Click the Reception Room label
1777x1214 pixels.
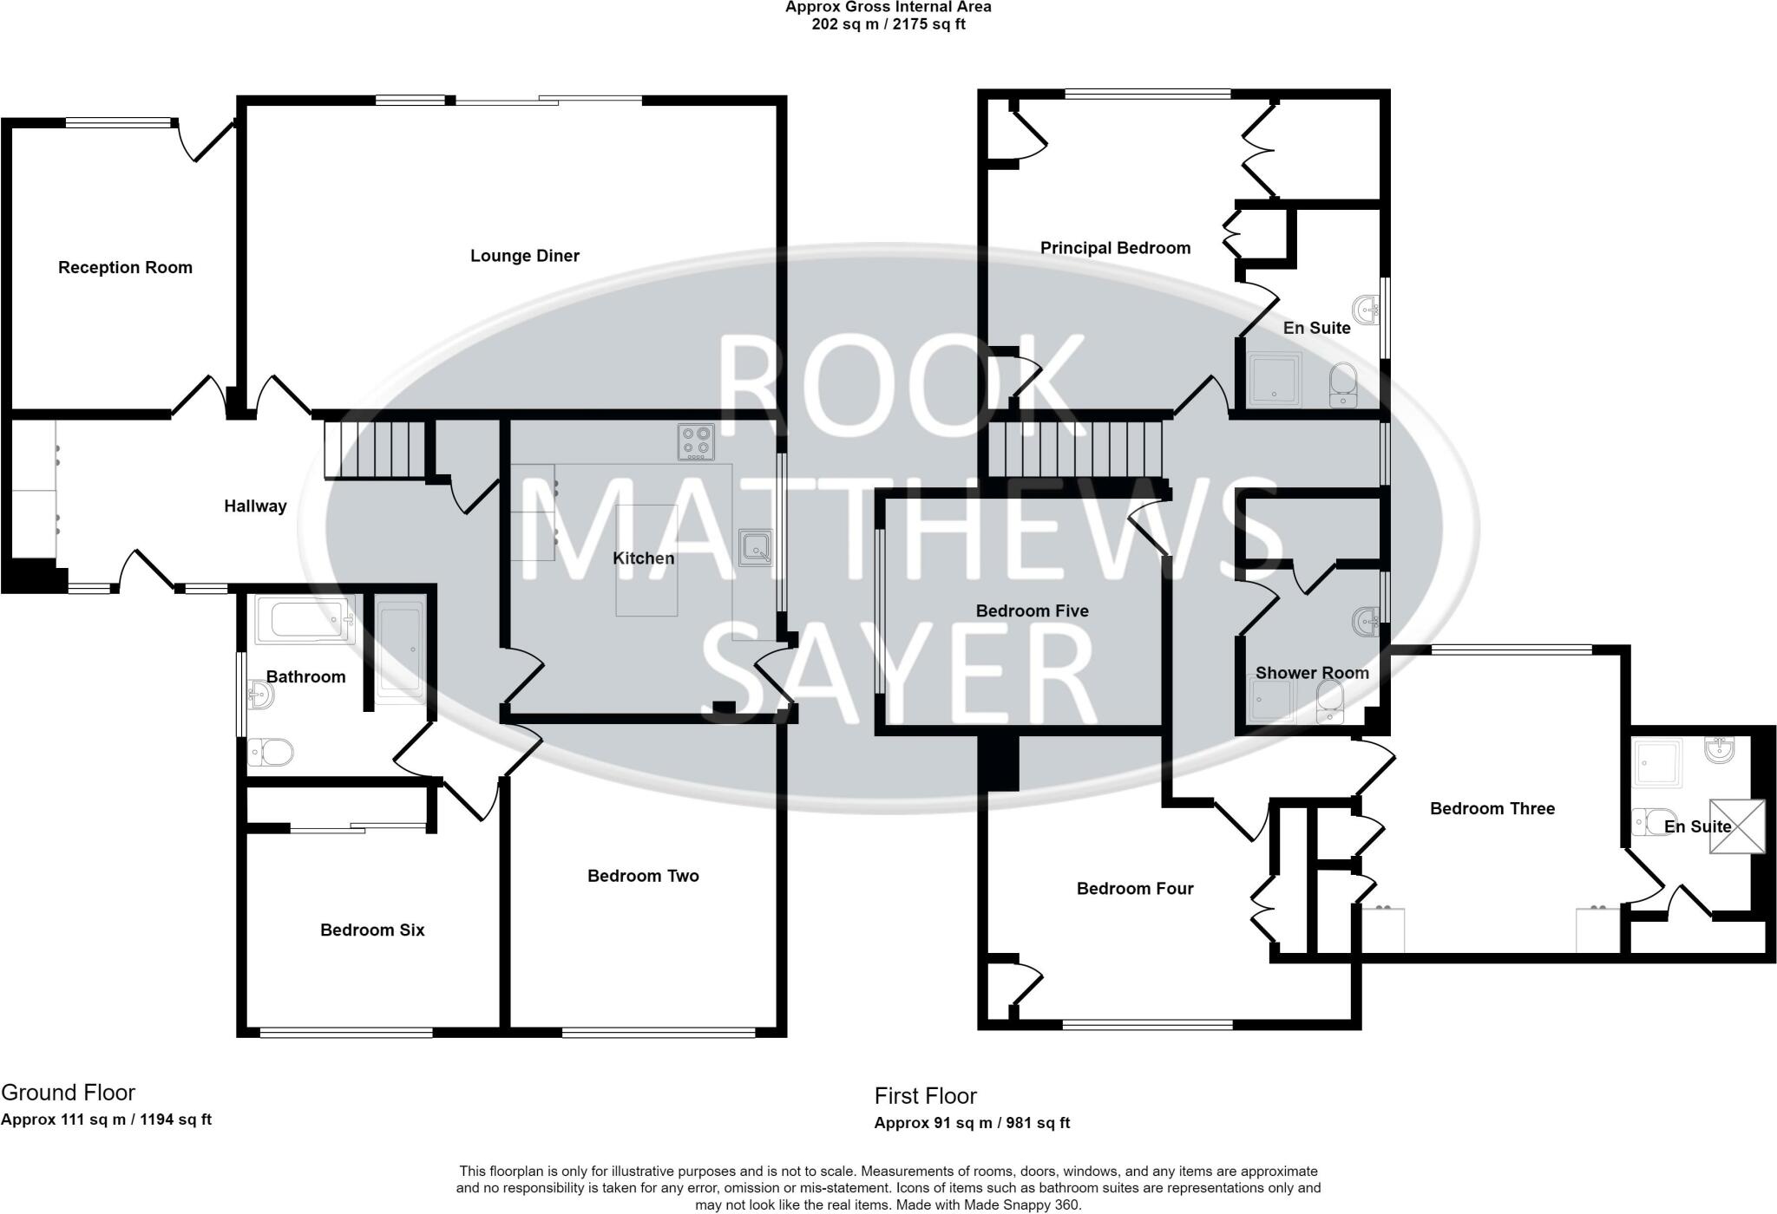click(125, 268)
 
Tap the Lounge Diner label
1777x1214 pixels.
click(524, 256)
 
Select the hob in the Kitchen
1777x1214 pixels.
click(696, 441)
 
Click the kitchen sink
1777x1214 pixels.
click(755, 547)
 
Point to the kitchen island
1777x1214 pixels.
click(646, 560)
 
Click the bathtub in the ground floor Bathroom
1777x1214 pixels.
click(305, 621)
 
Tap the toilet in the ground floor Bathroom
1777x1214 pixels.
click(272, 752)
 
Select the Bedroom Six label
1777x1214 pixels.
click(372, 930)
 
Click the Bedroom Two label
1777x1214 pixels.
click(643, 876)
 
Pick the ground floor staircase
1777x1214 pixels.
click(374, 449)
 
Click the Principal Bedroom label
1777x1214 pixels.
click(1115, 248)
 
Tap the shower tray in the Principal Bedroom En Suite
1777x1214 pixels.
click(1275, 380)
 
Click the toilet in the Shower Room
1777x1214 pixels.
click(1328, 702)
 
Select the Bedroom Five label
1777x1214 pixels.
click(1032, 610)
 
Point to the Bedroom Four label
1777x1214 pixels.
click(1135, 889)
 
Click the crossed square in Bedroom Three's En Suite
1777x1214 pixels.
click(1737, 826)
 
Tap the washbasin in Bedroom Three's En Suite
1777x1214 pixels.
click(1720, 750)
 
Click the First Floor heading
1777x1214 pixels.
click(925, 1096)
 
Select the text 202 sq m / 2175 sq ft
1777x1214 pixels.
click(888, 24)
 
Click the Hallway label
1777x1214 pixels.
click(255, 506)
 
